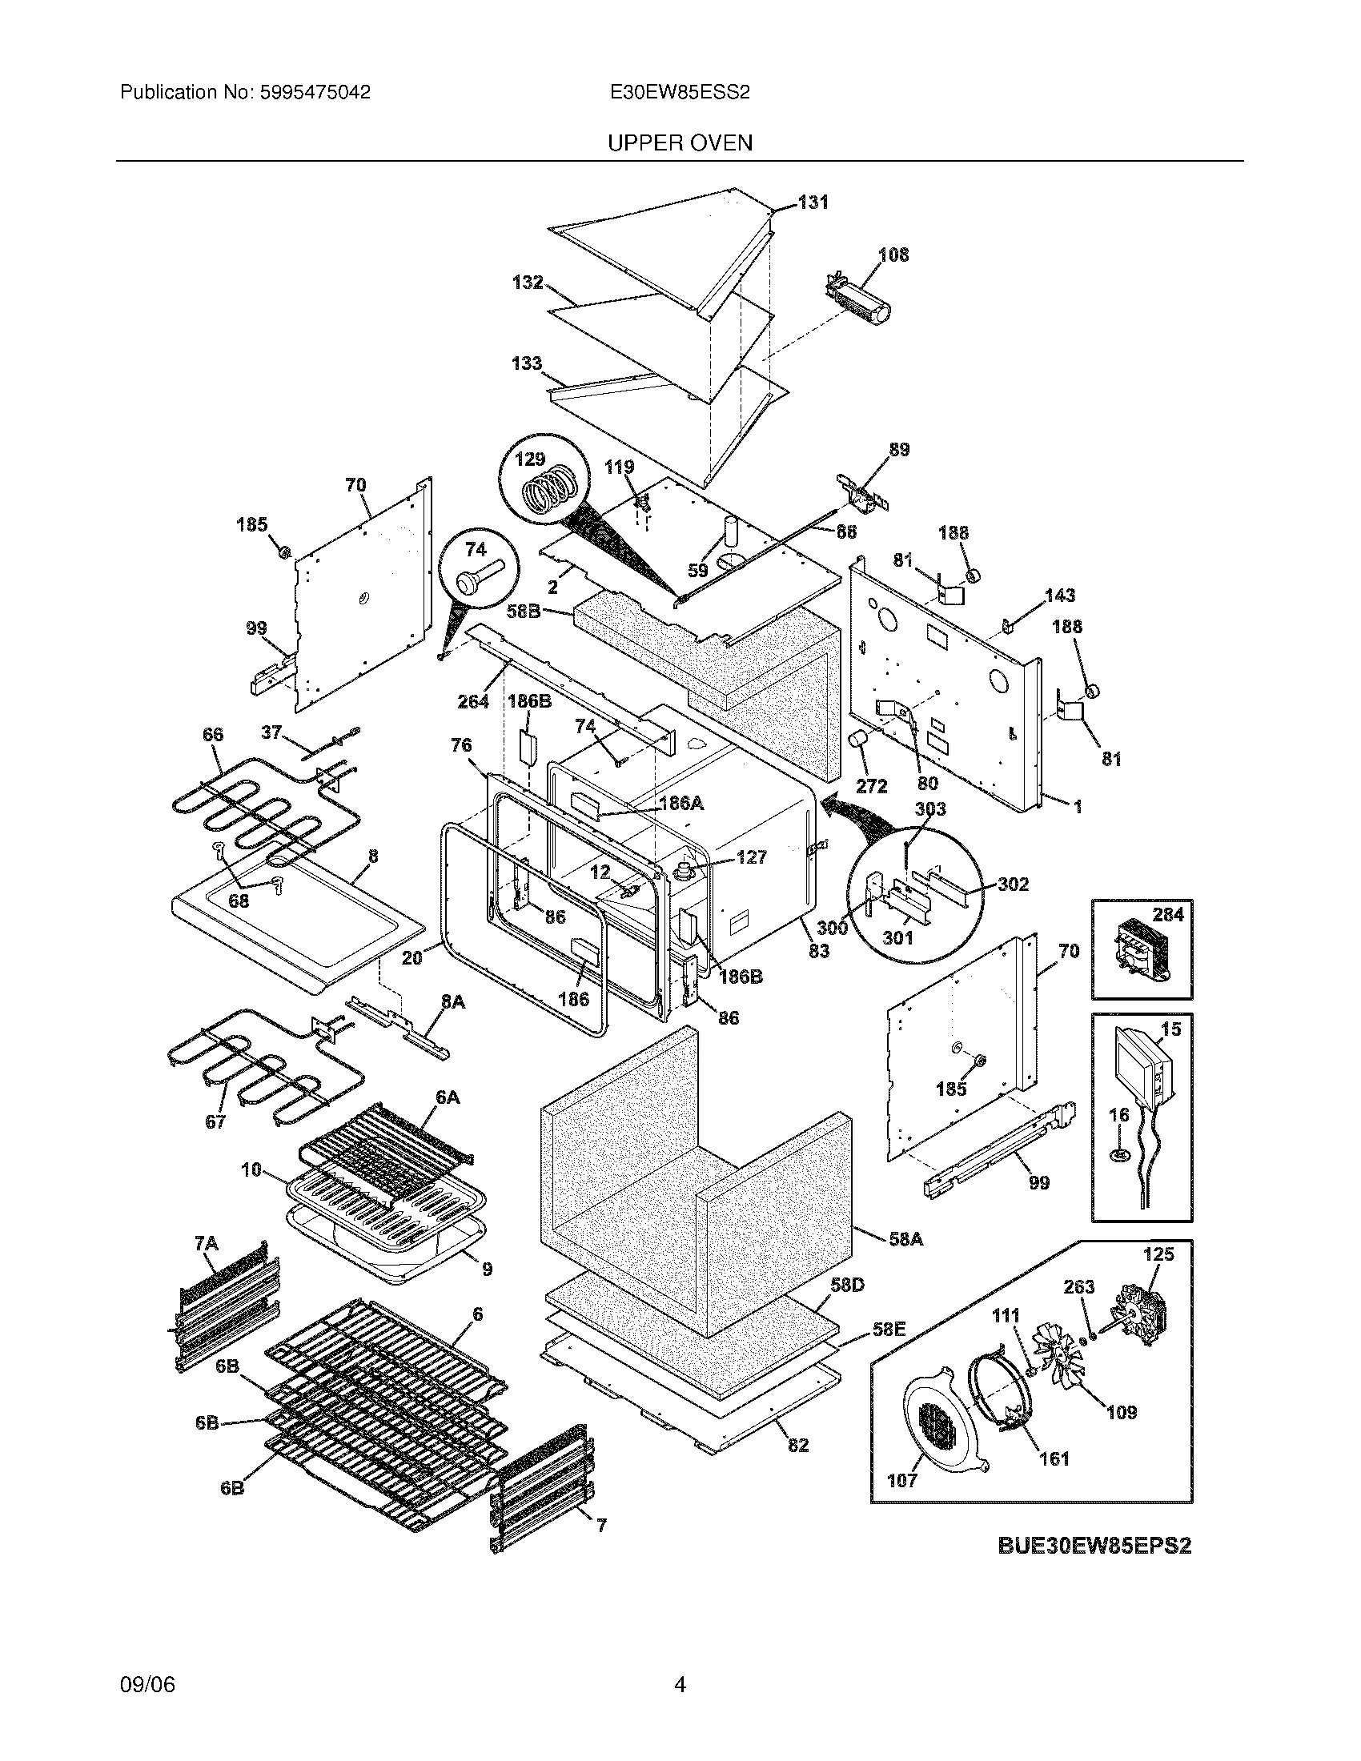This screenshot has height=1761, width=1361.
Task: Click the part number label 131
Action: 813,203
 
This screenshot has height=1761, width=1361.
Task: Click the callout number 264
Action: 473,701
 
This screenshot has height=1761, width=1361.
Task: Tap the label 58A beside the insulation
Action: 905,1238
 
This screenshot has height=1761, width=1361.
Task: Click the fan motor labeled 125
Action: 1139,1320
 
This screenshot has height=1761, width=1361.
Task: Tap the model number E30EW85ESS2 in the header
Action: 680,93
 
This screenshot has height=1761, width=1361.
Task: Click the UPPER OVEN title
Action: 680,143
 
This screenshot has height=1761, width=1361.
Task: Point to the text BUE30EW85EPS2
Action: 1094,1546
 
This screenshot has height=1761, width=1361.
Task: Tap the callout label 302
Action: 1014,885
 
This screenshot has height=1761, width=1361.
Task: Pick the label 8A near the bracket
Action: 452,1001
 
